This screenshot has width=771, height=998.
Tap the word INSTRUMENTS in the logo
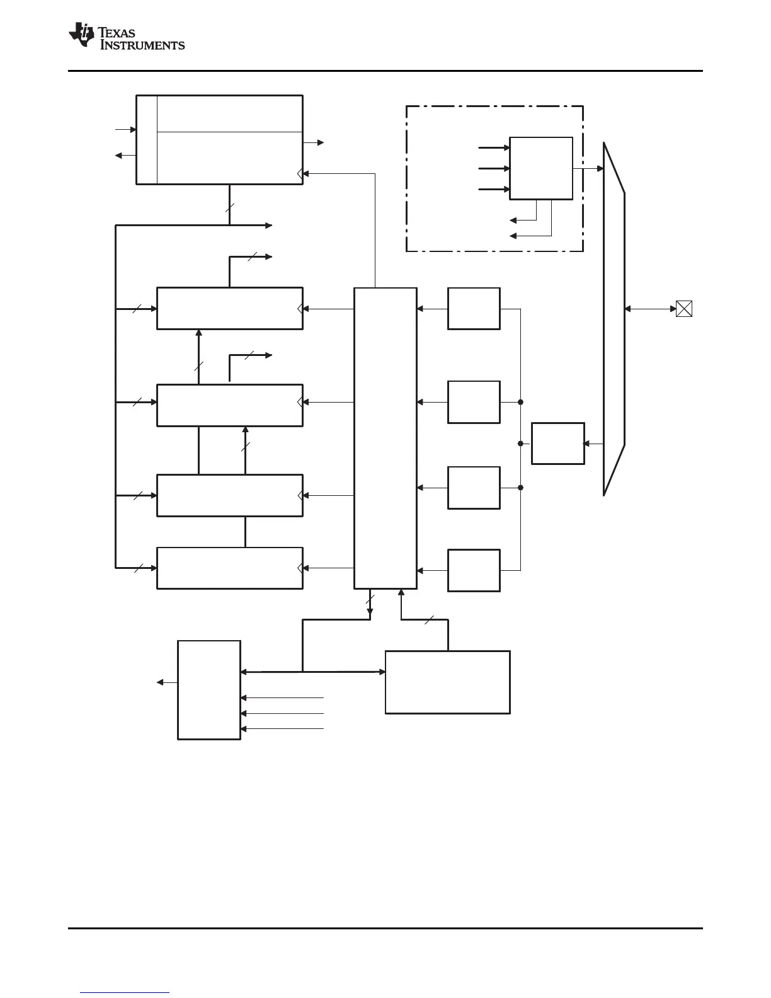143,45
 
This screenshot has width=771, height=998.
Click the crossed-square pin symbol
684,309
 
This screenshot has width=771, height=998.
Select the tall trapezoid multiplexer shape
614,318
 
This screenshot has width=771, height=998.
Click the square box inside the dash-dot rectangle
540,168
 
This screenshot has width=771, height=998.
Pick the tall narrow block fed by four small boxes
385,438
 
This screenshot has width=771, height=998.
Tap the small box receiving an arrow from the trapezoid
557,444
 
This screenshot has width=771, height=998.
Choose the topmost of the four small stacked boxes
474,309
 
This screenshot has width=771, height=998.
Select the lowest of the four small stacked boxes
474,570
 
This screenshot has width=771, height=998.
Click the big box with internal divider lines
220,140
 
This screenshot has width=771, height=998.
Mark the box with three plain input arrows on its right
209,690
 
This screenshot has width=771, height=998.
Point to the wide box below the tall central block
447,682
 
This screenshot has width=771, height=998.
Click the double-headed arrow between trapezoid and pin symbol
650,309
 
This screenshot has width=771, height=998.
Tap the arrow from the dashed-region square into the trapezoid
588,168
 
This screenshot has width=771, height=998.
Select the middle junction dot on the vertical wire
520,444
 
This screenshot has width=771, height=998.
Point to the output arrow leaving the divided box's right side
314,143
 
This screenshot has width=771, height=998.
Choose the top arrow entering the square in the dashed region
494,148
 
